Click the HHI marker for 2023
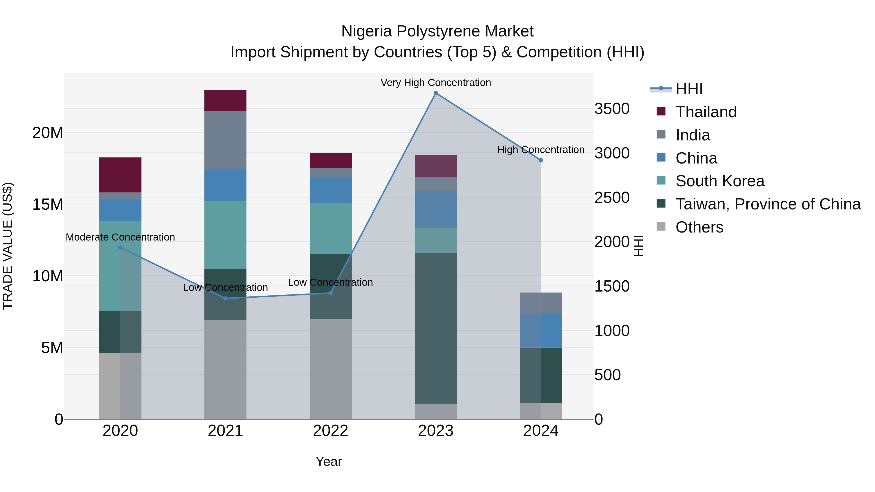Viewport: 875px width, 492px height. pyautogui.click(x=436, y=93)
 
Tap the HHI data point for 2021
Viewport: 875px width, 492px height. pyautogui.click(x=226, y=298)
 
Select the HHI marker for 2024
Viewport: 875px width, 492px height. pyautogui.click(x=541, y=160)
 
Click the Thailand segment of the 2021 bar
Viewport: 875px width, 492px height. pyautogui.click(x=225, y=101)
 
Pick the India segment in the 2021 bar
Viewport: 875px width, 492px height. pyautogui.click(x=225, y=140)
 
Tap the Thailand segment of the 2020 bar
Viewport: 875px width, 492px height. pyautogui.click(x=120, y=175)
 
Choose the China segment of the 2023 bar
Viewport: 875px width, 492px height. pyautogui.click(x=436, y=209)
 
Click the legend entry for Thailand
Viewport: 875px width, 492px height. pyautogui.click(x=706, y=112)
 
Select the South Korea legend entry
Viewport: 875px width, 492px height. pyautogui.click(x=719, y=181)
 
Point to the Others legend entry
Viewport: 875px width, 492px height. pyautogui.click(x=699, y=227)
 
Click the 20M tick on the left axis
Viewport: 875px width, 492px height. pyautogui.click(x=48, y=133)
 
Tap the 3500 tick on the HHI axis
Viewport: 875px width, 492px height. pyautogui.click(x=612, y=109)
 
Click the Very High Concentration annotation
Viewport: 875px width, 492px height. pyautogui.click(x=436, y=83)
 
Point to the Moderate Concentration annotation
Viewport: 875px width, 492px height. pyautogui.click(x=120, y=237)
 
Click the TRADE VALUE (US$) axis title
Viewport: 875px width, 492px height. pyautogui.click(x=8, y=246)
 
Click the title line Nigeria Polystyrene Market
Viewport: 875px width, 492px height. pyautogui.click(x=437, y=31)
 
